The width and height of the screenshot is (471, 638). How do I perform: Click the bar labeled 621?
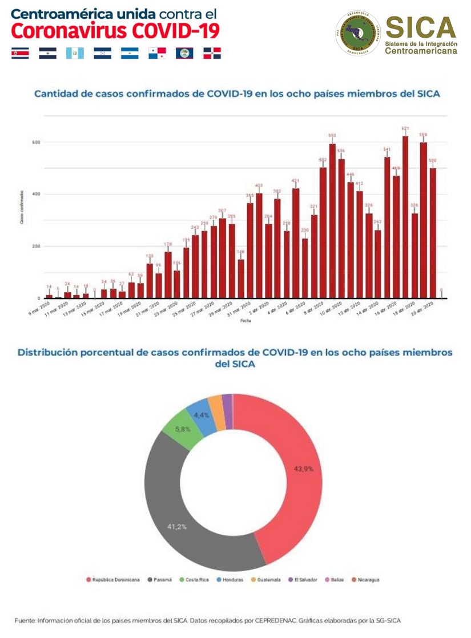tap(405, 217)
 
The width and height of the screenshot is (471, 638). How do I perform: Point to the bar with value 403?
tap(259, 245)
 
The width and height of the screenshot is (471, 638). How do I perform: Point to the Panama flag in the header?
tap(157, 53)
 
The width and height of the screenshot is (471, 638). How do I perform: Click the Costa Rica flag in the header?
tap(19, 53)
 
